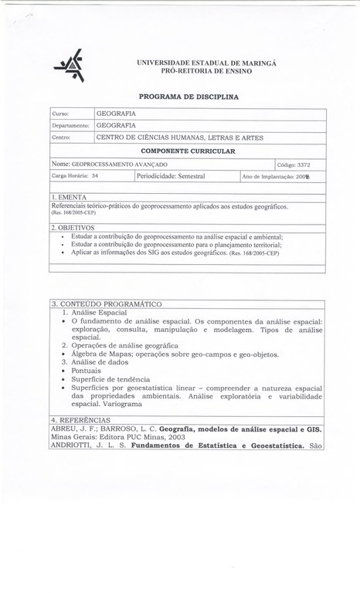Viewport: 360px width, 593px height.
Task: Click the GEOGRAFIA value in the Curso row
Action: (x=116, y=113)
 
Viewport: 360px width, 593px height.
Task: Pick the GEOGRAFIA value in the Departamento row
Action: (x=116, y=125)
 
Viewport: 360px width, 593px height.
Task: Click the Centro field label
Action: (x=61, y=137)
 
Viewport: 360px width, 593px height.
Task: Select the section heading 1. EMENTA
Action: (x=72, y=199)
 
